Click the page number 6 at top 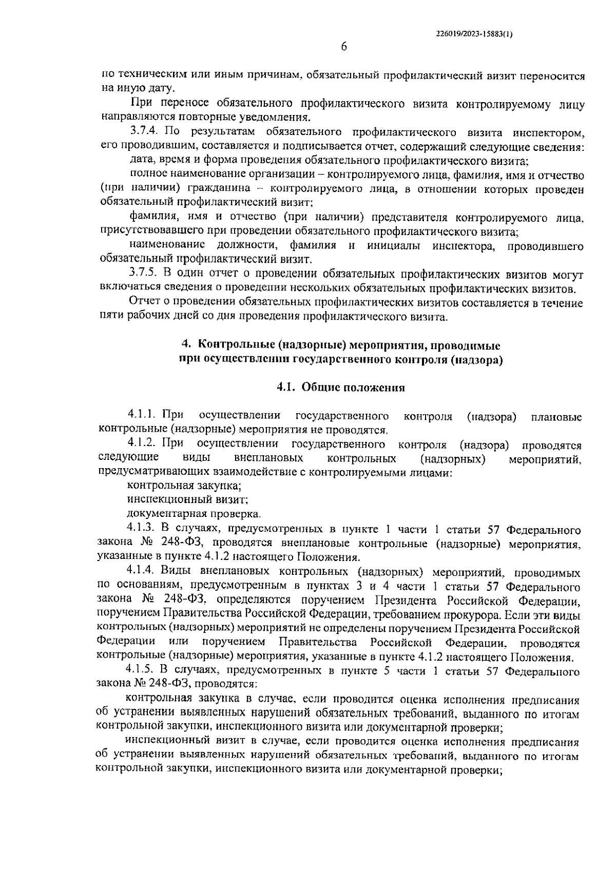[344, 47]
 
